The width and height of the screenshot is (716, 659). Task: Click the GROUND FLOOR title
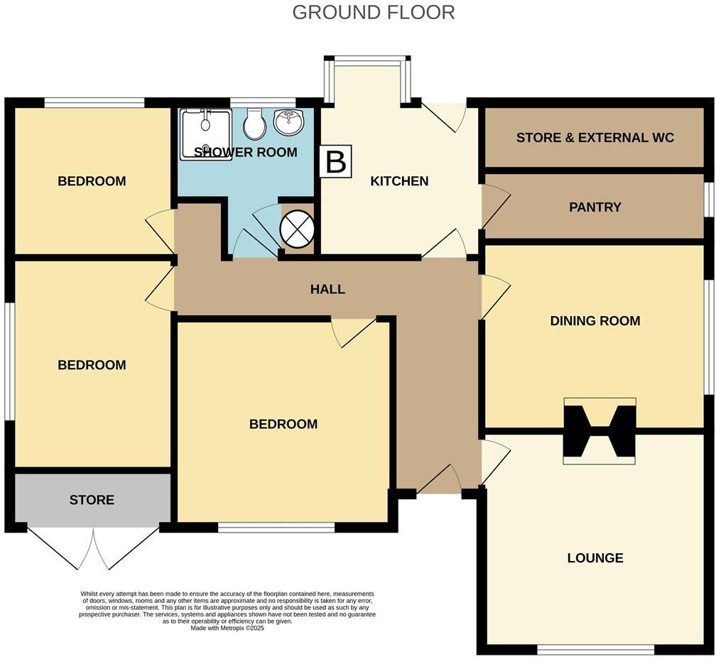pos(373,12)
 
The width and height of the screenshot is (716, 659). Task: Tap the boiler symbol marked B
pos(335,162)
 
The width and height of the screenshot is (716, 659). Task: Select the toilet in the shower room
pos(254,126)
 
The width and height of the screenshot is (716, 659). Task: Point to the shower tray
pos(205,134)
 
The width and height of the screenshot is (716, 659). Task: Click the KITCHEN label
pos(399,181)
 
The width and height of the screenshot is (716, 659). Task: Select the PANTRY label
pos(595,207)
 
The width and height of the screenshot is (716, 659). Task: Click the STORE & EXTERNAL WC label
pos(595,138)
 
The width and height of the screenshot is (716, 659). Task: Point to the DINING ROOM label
pos(595,321)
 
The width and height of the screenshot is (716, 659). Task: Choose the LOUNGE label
pos(595,558)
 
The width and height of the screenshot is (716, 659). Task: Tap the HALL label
pos(327,289)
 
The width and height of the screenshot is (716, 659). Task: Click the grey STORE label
pos(92,500)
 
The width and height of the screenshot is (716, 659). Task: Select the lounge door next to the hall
pos(494,462)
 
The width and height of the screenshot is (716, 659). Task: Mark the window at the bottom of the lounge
pos(595,649)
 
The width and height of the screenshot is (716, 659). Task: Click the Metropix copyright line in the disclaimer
pos(227,628)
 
